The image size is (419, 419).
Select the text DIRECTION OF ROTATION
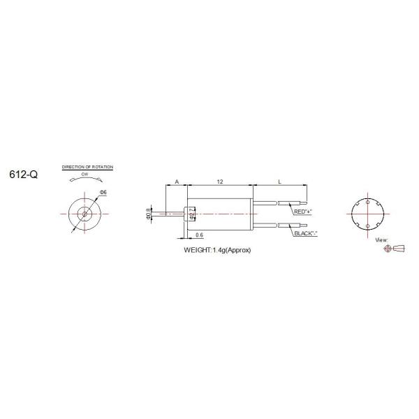(x=88, y=168)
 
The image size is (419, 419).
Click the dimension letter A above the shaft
(x=177, y=182)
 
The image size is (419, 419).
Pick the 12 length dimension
(x=219, y=182)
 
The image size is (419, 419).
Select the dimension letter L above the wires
(x=279, y=182)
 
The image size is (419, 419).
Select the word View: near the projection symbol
(x=381, y=240)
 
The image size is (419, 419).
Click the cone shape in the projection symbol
(x=399, y=248)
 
